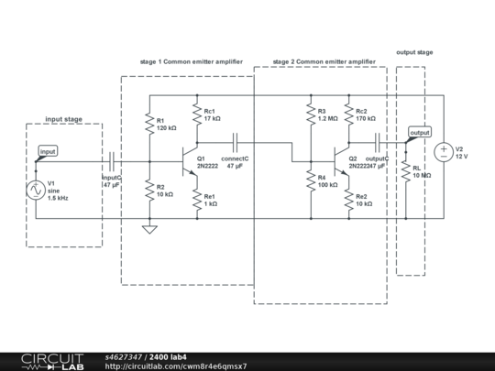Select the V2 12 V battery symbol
[x=443, y=150]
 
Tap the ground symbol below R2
[x=148, y=228]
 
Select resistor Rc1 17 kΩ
[x=196, y=114]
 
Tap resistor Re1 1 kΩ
[x=196, y=201]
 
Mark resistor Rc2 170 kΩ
[x=348, y=114]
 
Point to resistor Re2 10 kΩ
[x=348, y=201]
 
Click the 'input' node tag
[x=48, y=151]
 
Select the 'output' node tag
[x=420, y=133]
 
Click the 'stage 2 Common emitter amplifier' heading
[x=324, y=61]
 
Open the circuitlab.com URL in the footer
[x=175, y=366]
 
